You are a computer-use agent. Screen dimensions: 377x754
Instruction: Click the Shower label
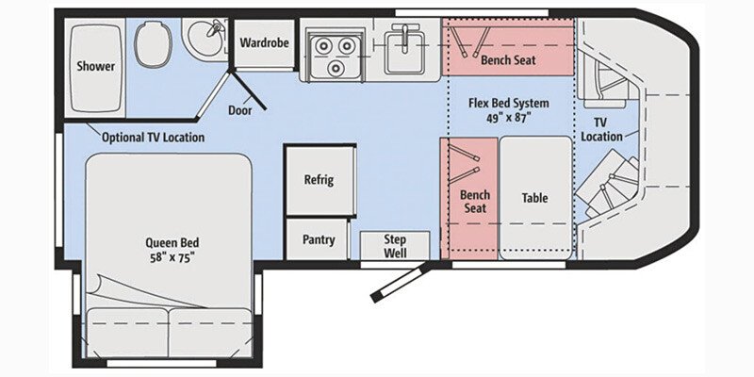click(96, 66)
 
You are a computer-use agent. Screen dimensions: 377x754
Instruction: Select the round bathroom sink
click(200, 41)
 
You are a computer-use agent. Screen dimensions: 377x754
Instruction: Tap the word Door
click(240, 109)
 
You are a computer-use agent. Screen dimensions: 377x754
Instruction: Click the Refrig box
click(319, 180)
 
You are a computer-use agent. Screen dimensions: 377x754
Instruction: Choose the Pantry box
click(319, 239)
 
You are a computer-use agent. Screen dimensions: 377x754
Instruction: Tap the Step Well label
click(394, 245)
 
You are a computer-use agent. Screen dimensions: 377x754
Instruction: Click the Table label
click(534, 198)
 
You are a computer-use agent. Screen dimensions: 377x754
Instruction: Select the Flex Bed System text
click(509, 103)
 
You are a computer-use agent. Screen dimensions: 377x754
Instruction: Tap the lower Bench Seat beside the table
click(474, 201)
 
